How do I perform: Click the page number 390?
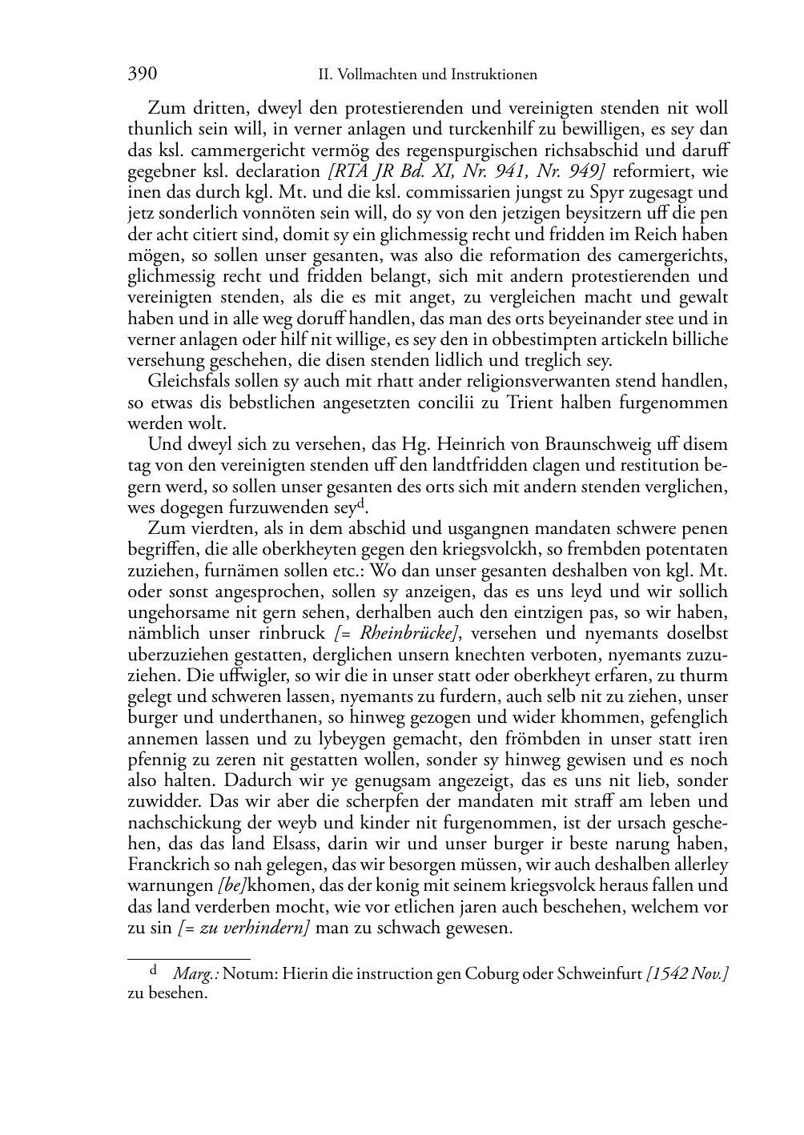[142, 74]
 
